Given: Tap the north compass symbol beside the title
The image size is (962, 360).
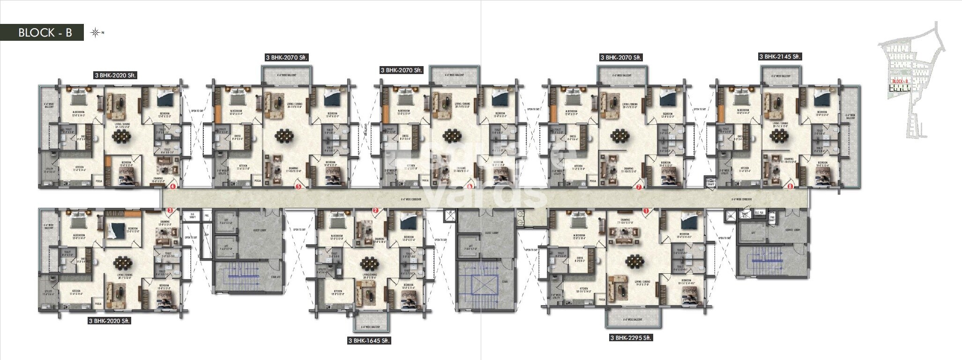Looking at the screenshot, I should pyautogui.click(x=96, y=33).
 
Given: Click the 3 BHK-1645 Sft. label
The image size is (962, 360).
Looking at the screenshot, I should pyautogui.click(x=369, y=341).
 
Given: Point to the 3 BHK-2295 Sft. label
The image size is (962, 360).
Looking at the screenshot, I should pyautogui.click(x=631, y=337).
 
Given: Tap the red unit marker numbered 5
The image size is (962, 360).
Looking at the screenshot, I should pyautogui.click(x=298, y=187).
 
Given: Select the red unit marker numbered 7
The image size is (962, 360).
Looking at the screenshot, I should pyautogui.click(x=638, y=187).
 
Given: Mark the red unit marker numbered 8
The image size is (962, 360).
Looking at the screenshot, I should pyautogui.click(x=790, y=187).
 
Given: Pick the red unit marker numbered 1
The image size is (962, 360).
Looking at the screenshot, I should pyautogui.click(x=646, y=211).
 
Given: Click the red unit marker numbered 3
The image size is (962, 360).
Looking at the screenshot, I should pyautogui.click(x=170, y=211).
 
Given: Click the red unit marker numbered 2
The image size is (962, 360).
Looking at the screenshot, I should pyautogui.click(x=375, y=211).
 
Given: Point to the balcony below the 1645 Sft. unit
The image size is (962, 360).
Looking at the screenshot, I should pyautogui.click(x=369, y=327).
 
